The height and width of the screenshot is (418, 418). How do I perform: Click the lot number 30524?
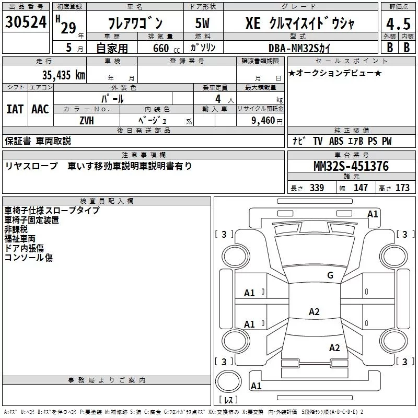point(26,22)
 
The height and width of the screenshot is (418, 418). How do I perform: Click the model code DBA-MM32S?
point(305,48)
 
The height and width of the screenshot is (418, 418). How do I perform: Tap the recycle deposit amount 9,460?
point(261,120)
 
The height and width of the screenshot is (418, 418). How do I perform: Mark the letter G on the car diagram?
point(330,275)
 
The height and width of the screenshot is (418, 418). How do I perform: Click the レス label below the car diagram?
point(228,400)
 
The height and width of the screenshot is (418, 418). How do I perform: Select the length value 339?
point(317,188)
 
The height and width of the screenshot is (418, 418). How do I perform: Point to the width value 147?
point(361,188)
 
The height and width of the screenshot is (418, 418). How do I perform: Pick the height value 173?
point(402,188)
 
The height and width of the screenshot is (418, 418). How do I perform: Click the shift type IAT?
point(15,109)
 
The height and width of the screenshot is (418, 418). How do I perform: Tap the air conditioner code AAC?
point(40,109)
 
